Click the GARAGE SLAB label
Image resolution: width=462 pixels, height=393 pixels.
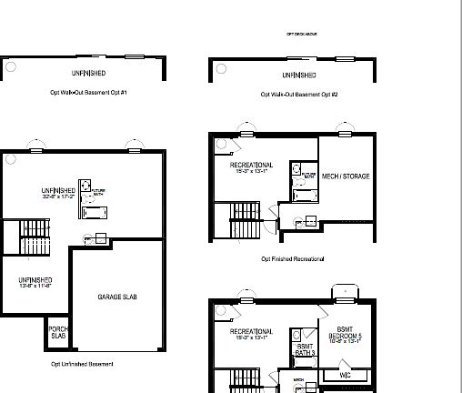pyautogui.click(x=116, y=297)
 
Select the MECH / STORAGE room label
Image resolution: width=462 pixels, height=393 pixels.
pyautogui.click(x=346, y=176)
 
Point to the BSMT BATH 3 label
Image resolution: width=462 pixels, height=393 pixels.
pyautogui.click(x=304, y=350)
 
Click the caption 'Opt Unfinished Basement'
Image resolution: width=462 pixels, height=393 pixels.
pyautogui.click(x=83, y=364)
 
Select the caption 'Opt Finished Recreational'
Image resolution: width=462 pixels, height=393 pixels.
pyautogui.click(x=292, y=259)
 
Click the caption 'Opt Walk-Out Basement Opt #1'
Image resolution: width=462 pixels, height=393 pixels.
pyautogui.click(x=88, y=93)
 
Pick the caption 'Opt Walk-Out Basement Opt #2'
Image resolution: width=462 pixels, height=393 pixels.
pyautogui.click(x=299, y=94)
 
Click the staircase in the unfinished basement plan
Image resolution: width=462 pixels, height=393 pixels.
pyautogui.click(x=34, y=237)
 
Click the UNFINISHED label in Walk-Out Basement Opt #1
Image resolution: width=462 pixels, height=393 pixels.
pyautogui.click(x=89, y=72)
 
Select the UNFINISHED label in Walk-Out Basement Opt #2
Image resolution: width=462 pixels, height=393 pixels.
pyautogui.click(x=299, y=75)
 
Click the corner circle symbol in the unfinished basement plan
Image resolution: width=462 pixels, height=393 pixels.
pyautogui.click(x=11, y=158)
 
